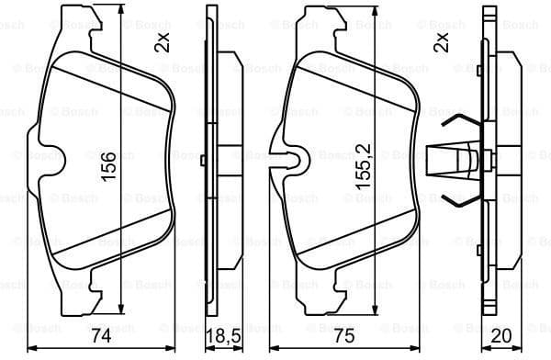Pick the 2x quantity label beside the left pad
pyautogui.click(x=163, y=41)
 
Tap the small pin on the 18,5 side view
pyautogui.click(x=201, y=160)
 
